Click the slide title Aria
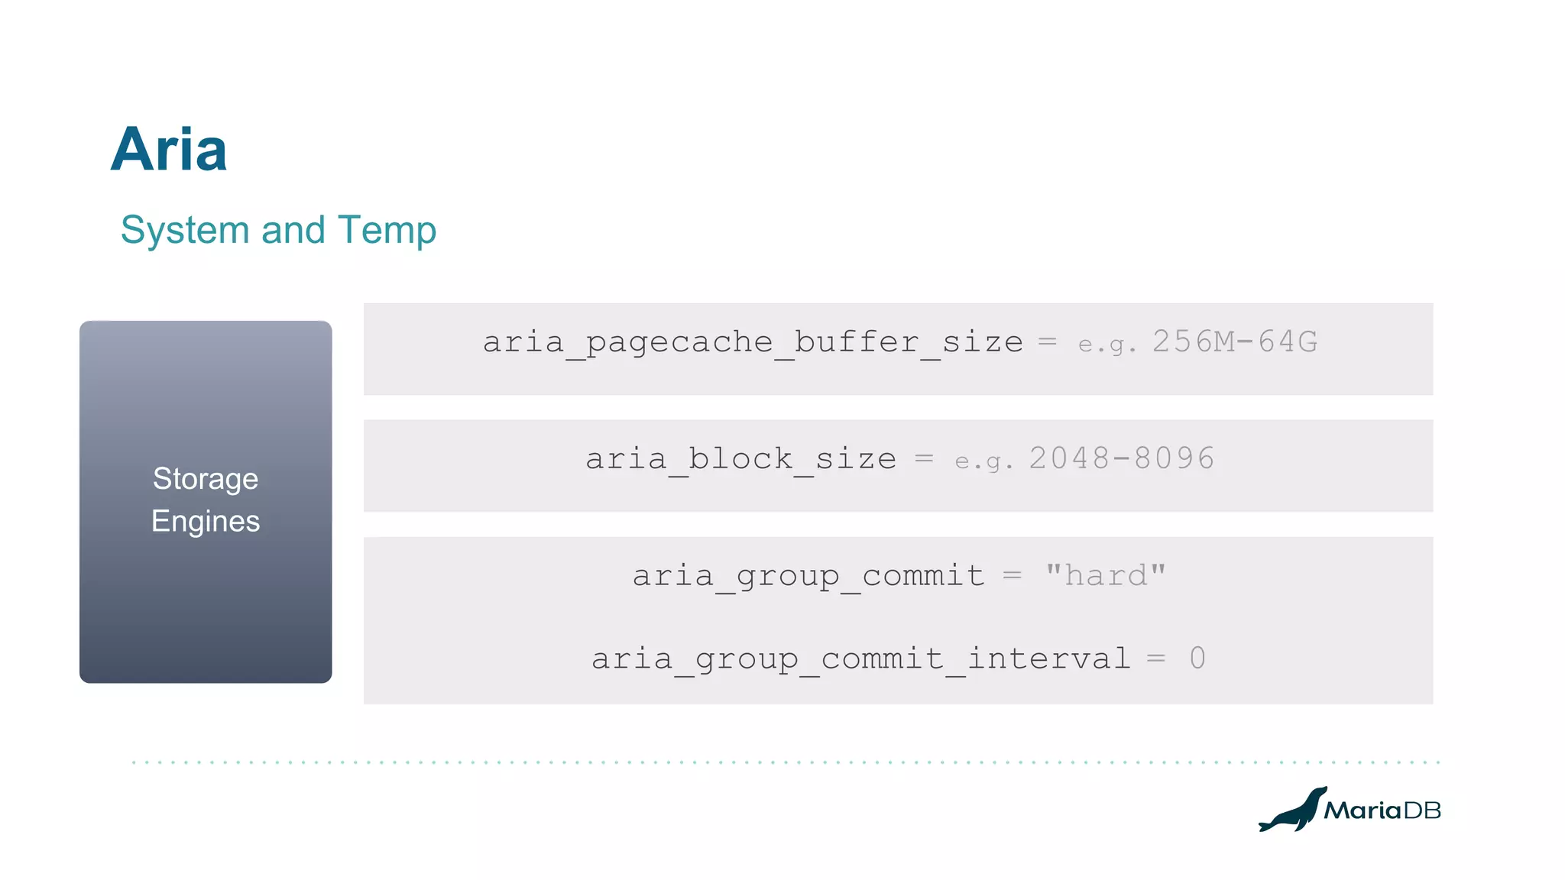tap(169, 150)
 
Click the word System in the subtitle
tap(185, 230)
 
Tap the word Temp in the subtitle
tap(387, 230)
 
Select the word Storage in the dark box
tap(206, 480)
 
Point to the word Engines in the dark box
tap(206, 522)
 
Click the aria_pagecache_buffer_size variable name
tap(753, 342)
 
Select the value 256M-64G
tap(1235, 341)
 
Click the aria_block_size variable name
tap(740, 459)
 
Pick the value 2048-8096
tap(1122, 458)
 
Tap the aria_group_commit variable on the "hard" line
tap(808, 576)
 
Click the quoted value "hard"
tap(1106, 575)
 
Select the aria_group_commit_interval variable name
tap(860, 658)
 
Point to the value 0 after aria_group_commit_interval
tap(1197, 658)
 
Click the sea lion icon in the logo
tap(1292, 810)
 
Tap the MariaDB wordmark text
tap(1382, 810)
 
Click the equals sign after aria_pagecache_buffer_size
tap(1048, 341)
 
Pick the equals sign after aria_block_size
tap(925, 458)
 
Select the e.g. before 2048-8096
tap(984, 461)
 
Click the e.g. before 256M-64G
tap(1107, 345)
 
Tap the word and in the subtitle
tap(293, 230)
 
